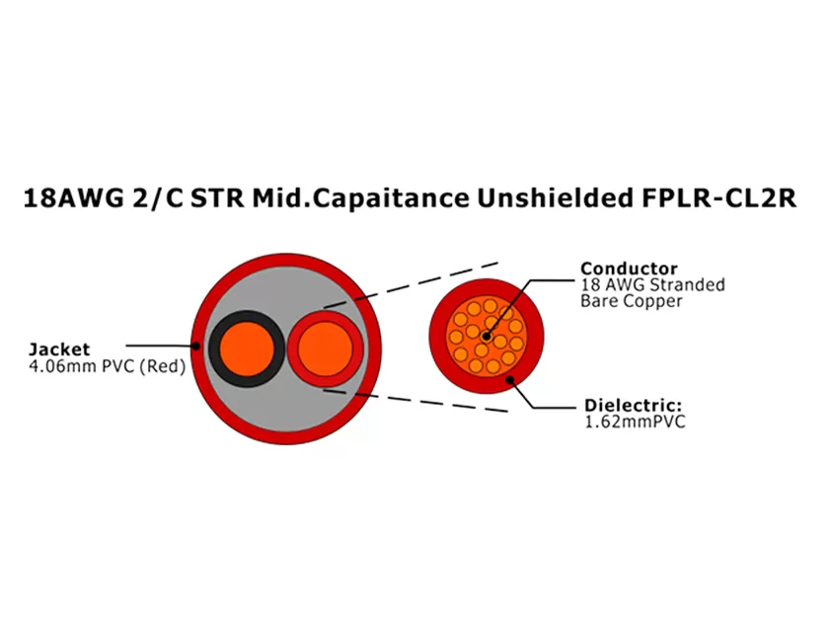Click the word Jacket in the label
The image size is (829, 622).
pos(59,349)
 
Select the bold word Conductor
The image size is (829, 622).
pos(629,269)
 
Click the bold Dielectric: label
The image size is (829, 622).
pos(632,405)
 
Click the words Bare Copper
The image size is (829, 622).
pos(631,301)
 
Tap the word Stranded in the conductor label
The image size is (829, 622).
pos(689,285)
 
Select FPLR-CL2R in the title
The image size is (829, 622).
pos(713,198)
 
